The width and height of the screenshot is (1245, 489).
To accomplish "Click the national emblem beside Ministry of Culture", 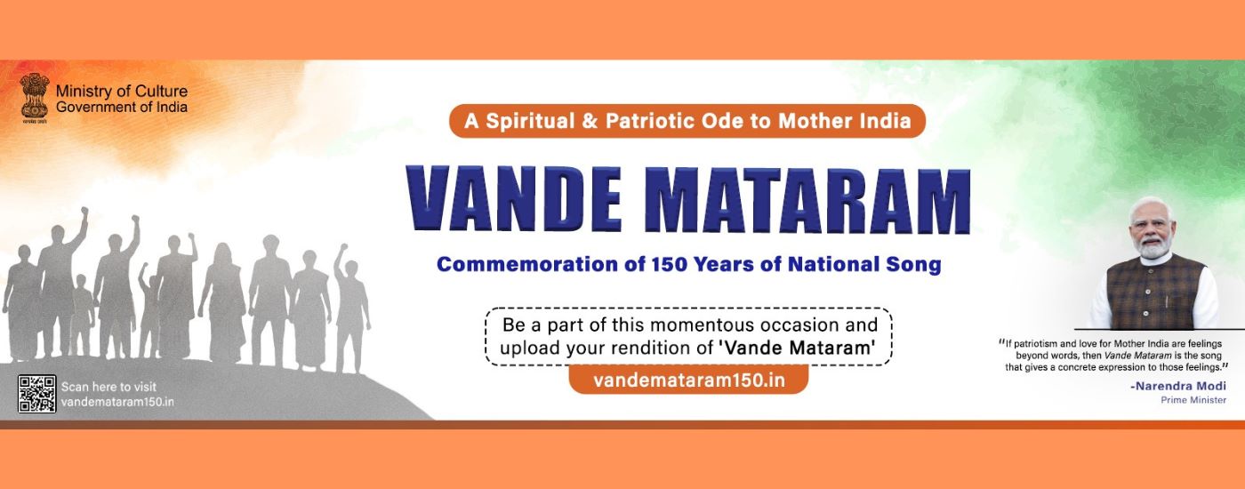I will coord(35,95).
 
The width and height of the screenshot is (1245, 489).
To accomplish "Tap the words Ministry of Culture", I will coord(121,92).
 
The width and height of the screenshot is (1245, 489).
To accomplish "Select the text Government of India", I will coord(121,107).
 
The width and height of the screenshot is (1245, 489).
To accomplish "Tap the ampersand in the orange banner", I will coord(588,121).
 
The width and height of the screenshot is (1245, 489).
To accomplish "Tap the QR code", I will coord(36,394).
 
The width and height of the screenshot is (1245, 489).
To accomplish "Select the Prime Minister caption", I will coord(1193,400).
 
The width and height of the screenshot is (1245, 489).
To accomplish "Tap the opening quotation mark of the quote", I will coord(1001,341).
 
